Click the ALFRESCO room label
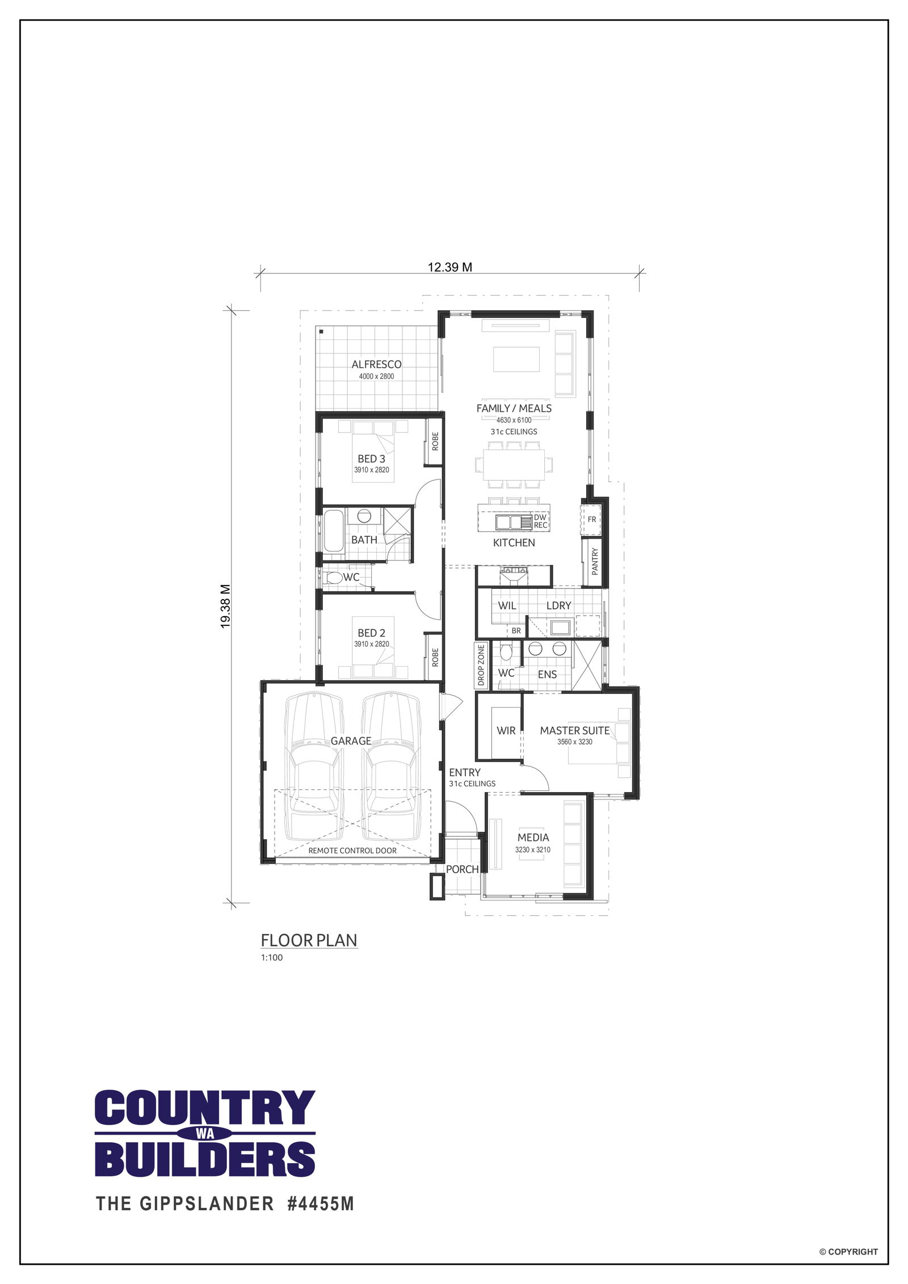pos(376,364)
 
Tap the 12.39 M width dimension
pos(450,267)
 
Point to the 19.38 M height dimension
pos(225,606)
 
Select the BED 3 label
pos(371,458)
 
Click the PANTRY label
pos(595,561)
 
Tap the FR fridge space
pos(592,519)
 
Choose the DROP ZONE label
pos(481,665)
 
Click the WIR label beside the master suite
pos(506,731)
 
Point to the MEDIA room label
pos(533,837)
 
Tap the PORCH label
pos(462,869)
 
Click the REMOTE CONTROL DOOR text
pos(352,851)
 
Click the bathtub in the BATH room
pos(333,531)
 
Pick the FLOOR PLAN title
pos(309,941)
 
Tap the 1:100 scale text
pos(272,958)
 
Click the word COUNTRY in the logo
pos(205,1108)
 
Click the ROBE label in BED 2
pos(435,657)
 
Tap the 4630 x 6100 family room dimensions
pos(514,420)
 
